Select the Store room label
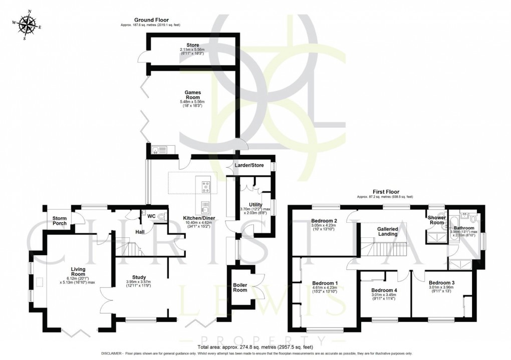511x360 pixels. pos(193,45)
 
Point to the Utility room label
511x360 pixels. pos(249,204)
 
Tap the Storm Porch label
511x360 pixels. pos(60,220)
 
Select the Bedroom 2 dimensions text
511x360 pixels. pos(325,228)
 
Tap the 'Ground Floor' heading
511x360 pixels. pos(147,20)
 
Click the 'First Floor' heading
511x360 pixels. pos(385,191)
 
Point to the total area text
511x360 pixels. pos(255,346)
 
